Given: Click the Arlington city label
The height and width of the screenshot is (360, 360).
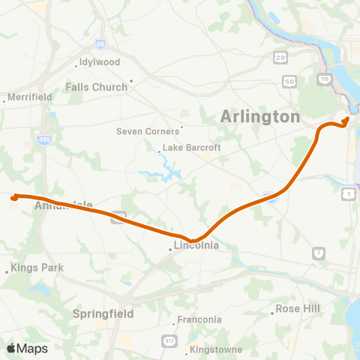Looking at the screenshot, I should [x=260, y=117].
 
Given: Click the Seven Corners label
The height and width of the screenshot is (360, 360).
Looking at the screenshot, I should [x=149, y=131].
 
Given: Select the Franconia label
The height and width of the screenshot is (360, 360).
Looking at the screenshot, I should [x=199, y=320].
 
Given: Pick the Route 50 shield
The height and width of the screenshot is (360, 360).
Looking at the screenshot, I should [x=288, y=80].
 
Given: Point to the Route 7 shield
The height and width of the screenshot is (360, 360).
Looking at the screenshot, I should [x=319, y=253].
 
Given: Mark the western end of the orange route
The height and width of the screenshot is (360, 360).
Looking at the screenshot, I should [x=13, y=198].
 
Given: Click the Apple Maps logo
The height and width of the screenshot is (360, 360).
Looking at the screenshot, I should [x=27, y=348].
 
